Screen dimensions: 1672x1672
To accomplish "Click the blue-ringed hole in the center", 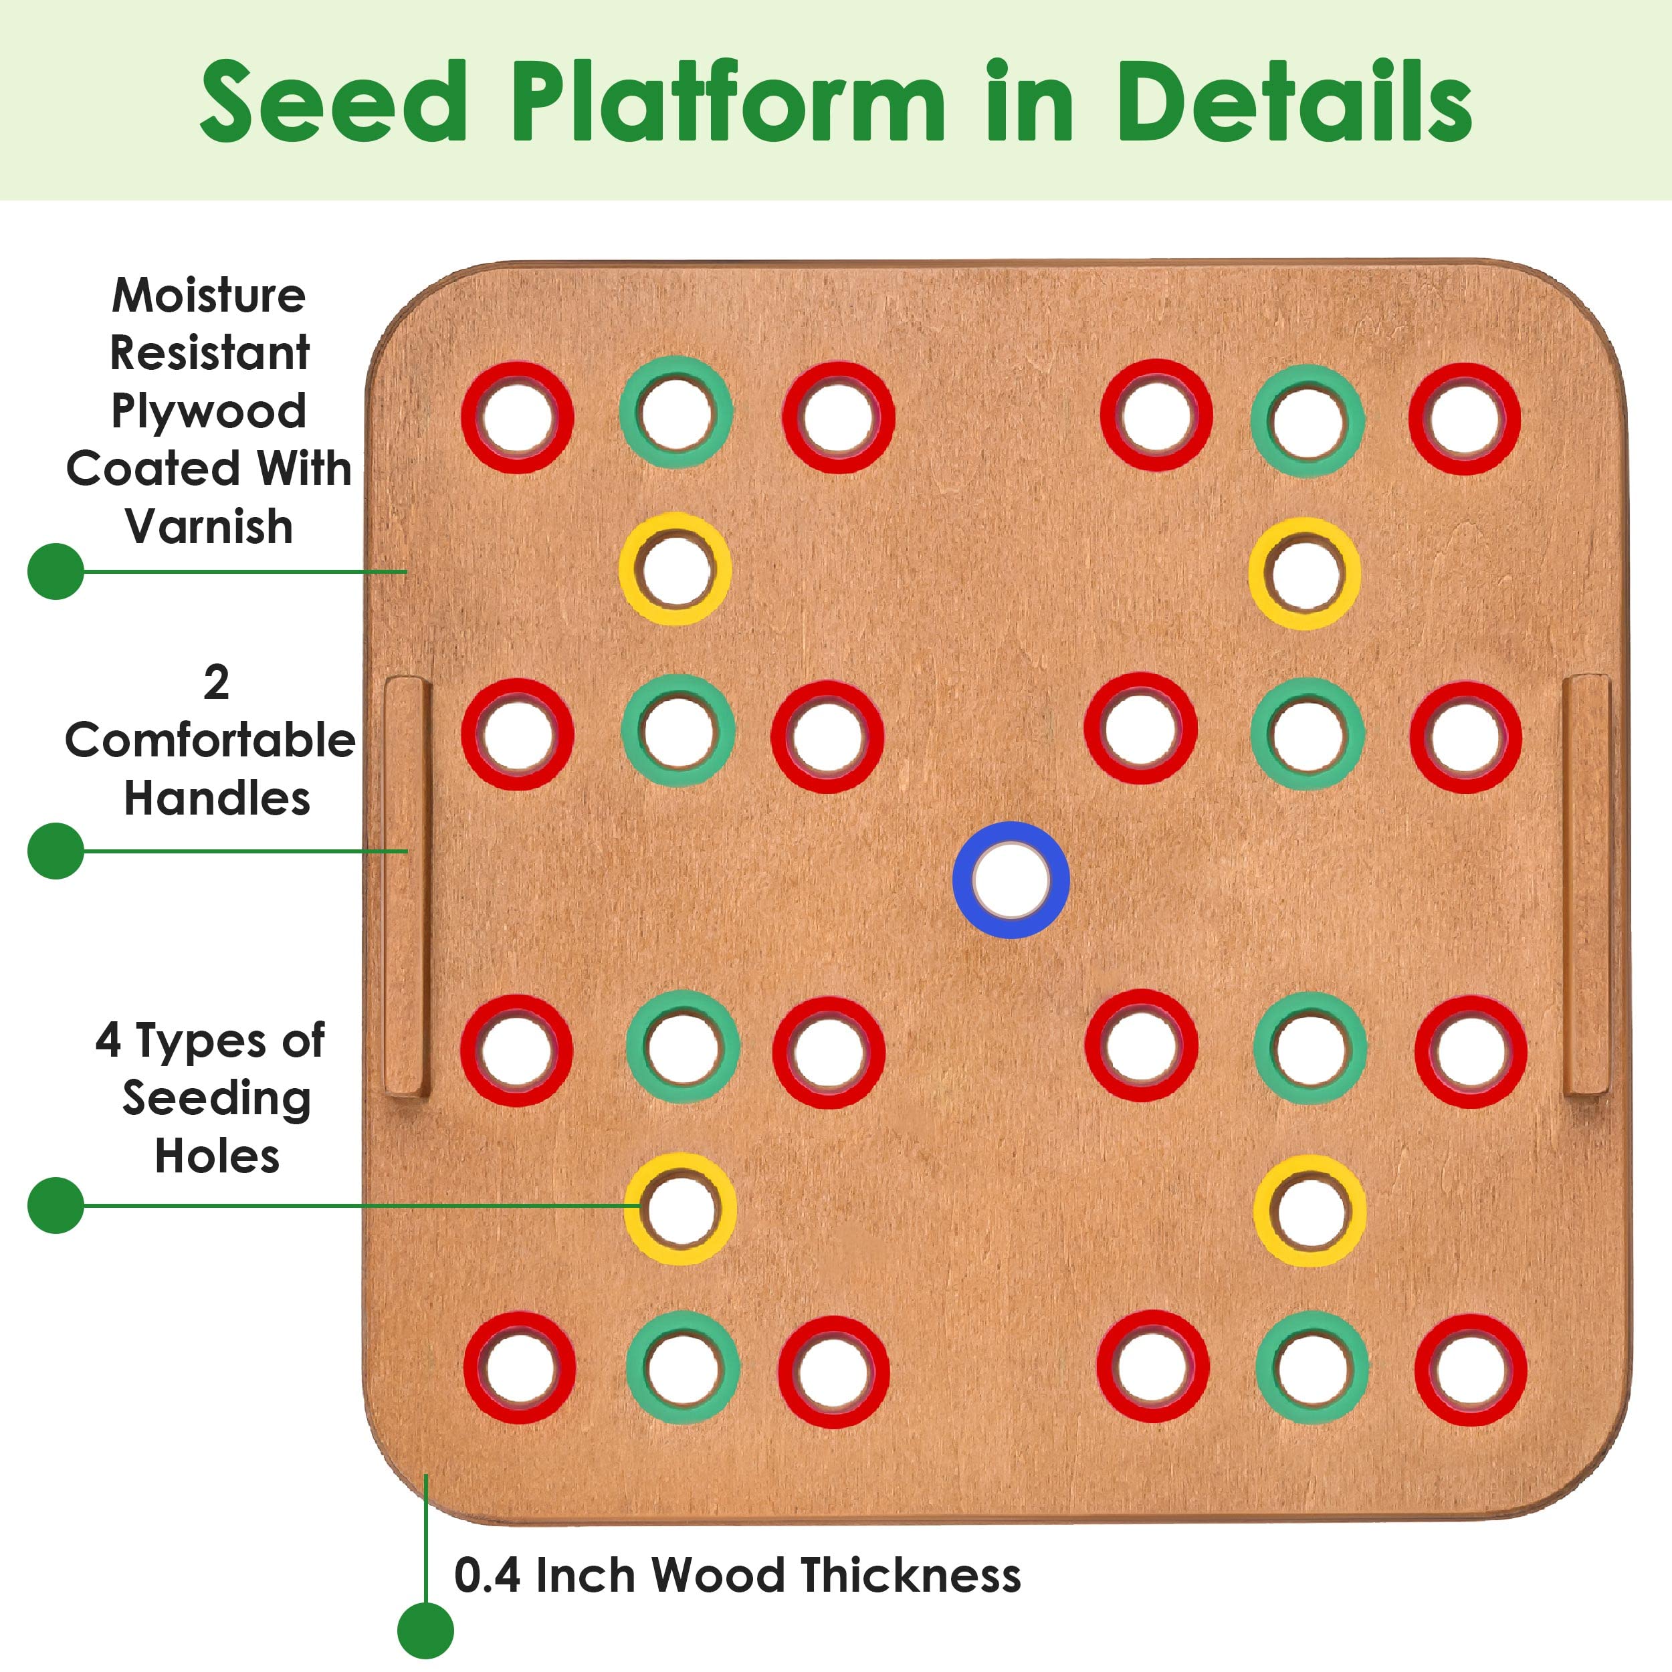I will [1011, 880].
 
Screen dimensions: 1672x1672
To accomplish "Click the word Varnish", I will [209, 526].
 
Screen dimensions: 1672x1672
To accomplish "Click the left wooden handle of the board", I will [407, 887].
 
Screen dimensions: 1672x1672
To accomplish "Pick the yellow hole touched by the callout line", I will [681, 1209].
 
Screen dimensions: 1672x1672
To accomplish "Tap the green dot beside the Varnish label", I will [56, 571].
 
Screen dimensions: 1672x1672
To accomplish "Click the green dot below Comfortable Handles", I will [56, 851].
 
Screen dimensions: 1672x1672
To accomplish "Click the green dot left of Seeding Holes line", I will [56, 1205].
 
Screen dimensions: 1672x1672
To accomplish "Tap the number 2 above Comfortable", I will [216, 683].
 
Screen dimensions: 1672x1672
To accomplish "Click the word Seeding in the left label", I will [216, 1099].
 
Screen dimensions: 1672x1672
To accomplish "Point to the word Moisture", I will [209, 296].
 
